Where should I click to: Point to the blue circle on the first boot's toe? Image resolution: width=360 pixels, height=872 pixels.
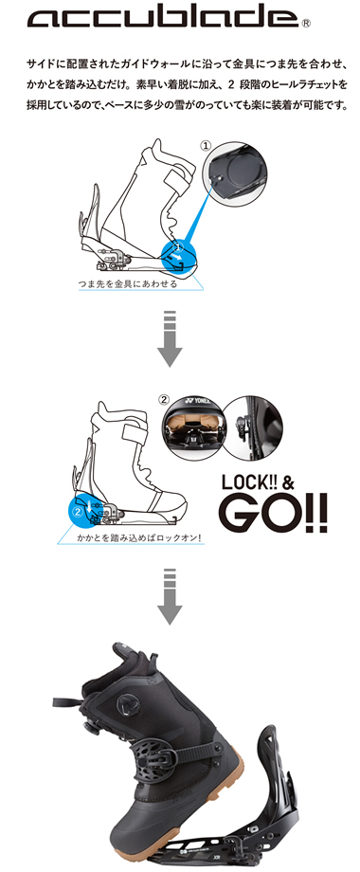click(179, 257)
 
